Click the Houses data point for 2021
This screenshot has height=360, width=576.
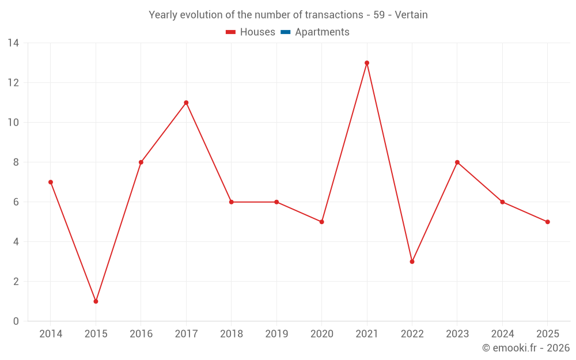pos(367,63)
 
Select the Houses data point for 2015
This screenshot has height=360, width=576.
pos(96,301)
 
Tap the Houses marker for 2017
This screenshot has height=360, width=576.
pos(186,103)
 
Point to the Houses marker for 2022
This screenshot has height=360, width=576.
pos(412,262)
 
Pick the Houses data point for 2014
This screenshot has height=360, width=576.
pos(51,182)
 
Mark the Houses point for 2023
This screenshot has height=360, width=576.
pos(457,162)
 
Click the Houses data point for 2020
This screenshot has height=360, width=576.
pos(321,222)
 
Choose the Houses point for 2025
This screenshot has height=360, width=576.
pos(548,222)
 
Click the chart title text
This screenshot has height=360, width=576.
pos(288,15)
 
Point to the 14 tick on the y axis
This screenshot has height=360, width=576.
pos(13,43)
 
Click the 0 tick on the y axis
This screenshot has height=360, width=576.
pos(16,321)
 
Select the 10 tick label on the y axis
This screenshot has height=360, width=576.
pos(13,123)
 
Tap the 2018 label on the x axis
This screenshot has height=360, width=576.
pos(231,334)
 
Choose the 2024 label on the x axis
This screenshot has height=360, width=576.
pos(502,334)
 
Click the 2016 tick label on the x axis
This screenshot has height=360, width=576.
pos(141,334)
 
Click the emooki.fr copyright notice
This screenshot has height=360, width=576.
pos(525,348)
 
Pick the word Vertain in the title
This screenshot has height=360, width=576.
pos(411,15)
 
